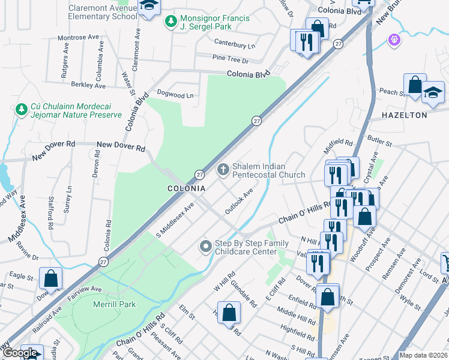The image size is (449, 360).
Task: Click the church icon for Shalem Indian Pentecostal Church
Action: pyautogui.click(x=223, y=170)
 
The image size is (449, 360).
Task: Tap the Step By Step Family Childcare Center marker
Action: pyautogui.click(x=206, y=247)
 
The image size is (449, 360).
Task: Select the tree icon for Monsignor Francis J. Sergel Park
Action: pyautogui.click(x=171, y=22)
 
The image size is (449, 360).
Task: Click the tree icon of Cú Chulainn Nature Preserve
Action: pyautogui.click(x=22, y=110)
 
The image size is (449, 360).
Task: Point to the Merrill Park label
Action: pyautogui.click(x=115, y=304)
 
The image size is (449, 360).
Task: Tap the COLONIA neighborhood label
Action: pyautogui.click(x=186, y=188)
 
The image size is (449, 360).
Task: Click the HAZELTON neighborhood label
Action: pyautogui.click(x=405, y=115)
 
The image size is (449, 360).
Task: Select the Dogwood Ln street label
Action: pyautogui.click(x=175, y=95)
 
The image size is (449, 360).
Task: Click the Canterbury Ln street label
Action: pyautogui.click(x=235, y=45)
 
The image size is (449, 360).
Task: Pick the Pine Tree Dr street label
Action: pyautogui.click(x=231, y=60)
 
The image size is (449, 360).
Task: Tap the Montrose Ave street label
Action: pyautogui.click(x=78, y=37)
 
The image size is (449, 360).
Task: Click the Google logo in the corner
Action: pyautogui.click(x=20, y=353)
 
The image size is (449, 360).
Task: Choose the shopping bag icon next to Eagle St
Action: pyautogui.click(x=50, y=278)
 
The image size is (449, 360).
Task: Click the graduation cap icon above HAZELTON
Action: pyautogui.click(x=432, y=92)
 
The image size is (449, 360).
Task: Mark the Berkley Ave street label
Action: pyautogui.click(x=88, y=85)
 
